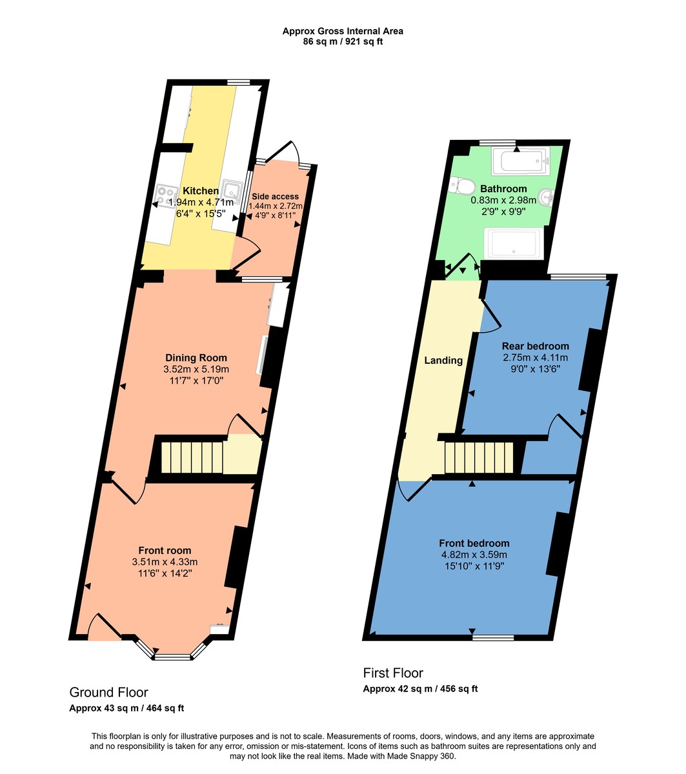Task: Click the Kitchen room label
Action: (x=201, y=191)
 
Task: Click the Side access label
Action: (x=275, y=196)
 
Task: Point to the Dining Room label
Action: (x=196, y=358)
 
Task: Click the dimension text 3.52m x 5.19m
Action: (x=196, y=370)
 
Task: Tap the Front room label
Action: (x=165, y=550)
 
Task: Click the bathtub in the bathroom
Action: (x=520, y=162)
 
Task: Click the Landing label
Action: (x=443, y=361)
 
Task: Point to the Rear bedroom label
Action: (x=536, y=346)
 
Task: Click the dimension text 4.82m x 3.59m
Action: (x=474, y=555)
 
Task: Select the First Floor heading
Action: (x=393, y=673)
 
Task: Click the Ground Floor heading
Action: (x=108, y=692)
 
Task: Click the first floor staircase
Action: (x=478, y=457)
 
